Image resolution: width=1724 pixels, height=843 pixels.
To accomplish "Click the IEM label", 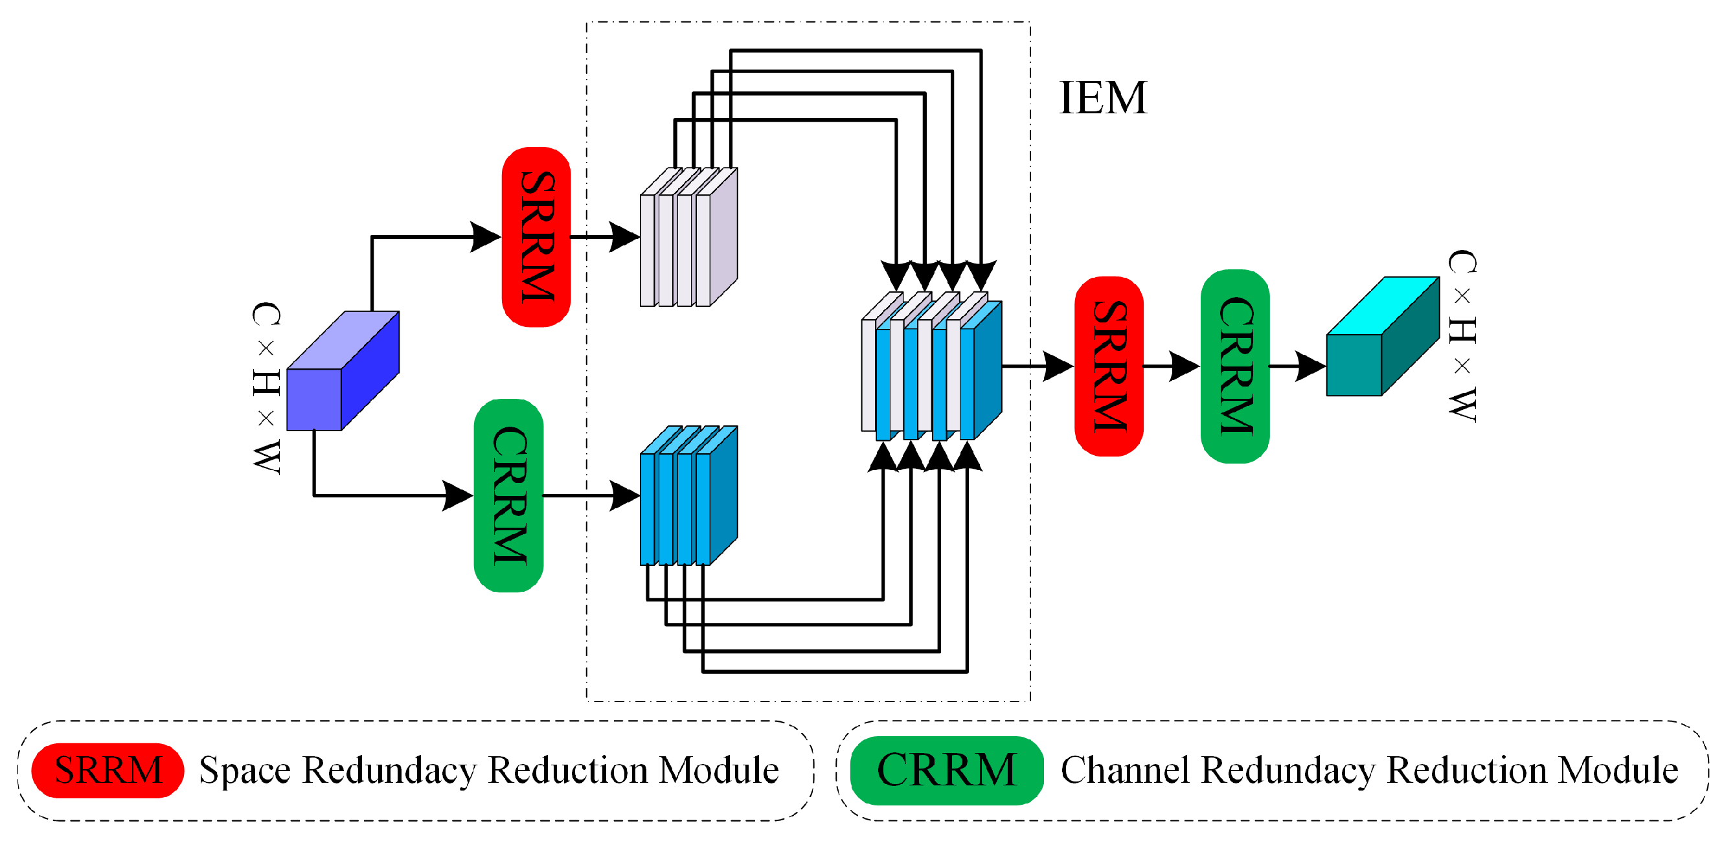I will [x=1102, y=98].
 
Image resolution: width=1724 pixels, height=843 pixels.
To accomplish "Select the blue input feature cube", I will [x=342, y=372].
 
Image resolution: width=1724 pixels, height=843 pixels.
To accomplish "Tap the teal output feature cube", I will [x=1381, y=339].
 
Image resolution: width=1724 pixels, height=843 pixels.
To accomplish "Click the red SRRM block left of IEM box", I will [x=536, y=237].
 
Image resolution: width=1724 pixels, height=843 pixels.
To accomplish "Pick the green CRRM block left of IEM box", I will [x=508, y=496].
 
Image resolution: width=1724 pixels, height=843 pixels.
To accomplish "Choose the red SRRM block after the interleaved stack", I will [x=1108, y=366].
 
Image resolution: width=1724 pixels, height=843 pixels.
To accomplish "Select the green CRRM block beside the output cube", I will [x=1235, y=366].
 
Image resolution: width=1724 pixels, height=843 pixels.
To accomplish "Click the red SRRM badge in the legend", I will [x=108, y=770].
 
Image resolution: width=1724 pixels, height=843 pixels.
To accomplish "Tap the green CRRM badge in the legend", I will [x=946, y=770].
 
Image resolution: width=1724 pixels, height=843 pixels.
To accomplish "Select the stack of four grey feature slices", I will [x=688, y=238].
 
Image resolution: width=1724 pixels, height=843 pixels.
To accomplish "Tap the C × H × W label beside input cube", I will [x=266, y=388].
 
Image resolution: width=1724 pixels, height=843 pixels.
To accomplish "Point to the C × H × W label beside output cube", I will [x=1462, y=336].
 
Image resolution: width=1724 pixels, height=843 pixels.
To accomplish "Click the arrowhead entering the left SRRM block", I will [x=486, y=237].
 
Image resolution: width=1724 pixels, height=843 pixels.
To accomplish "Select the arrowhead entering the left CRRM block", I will [x=459, y=496].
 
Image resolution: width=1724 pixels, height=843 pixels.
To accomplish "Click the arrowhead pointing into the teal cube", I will [x=1310, y=366].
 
